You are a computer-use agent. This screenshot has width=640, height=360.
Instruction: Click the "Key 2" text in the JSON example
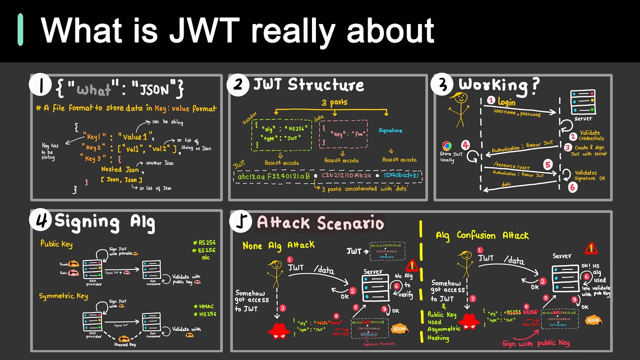point(95,148)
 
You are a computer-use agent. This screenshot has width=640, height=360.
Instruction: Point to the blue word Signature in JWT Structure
point(390,130)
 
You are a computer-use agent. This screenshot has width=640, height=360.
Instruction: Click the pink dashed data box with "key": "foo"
point(343,133)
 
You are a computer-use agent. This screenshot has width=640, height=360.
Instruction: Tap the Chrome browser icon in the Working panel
point(447,146)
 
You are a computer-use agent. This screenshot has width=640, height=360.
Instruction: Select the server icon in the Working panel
point(582,102)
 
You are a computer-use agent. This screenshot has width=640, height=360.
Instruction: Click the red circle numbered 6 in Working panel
point(572,187)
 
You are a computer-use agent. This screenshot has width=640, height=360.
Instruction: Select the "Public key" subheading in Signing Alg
point(56,244)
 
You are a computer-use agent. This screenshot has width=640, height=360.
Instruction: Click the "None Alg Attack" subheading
point(279,245)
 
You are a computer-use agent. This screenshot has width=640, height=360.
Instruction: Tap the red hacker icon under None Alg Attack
point(279,330)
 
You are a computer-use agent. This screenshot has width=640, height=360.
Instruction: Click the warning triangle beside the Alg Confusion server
point(591,247)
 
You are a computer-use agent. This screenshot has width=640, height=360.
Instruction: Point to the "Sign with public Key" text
point(536,343)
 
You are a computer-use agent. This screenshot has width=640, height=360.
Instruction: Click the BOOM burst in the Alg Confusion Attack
point(593,320)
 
